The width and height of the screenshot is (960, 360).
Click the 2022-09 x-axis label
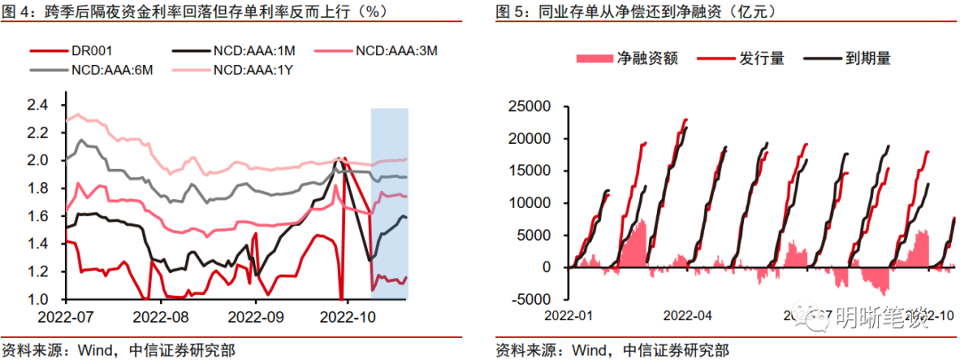point(256,316)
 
